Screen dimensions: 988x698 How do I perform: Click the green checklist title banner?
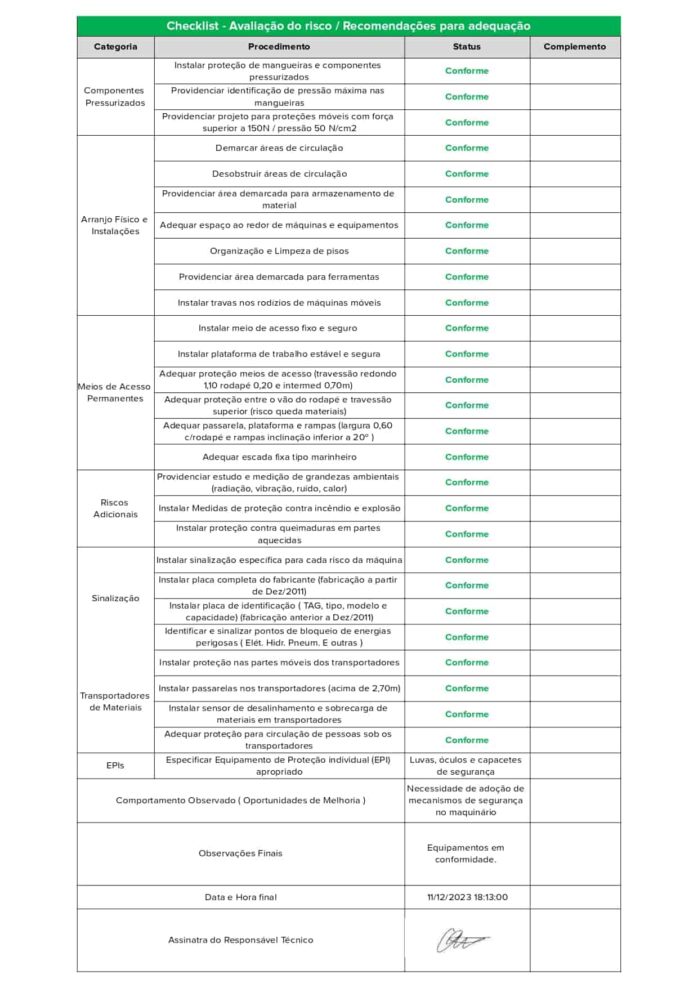pos(348,26)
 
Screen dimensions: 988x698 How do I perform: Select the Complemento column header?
pos(575,47)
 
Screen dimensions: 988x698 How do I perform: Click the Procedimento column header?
pos(279,47)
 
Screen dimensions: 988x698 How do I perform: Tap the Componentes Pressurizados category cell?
pos(115,96)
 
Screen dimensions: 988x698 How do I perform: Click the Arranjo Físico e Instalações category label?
pos(115,225)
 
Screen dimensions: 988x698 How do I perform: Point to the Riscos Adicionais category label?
pos(115,508)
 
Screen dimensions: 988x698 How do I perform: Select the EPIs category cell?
pos(115,766)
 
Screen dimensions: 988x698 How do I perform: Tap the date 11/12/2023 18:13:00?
pos(467,897)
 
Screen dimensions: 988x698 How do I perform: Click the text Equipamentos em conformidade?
pos(466,853)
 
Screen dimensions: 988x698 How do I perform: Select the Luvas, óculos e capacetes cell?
pos(466,766)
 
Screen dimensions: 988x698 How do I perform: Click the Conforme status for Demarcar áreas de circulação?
pos(467,148)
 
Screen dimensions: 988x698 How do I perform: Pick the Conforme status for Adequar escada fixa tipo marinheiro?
pos(467,457)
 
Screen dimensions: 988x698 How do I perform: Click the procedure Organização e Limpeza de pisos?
pos(279,251)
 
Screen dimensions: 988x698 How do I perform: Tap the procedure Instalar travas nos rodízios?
pos(279,303)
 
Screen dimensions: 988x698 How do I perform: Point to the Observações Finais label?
pos(240,853)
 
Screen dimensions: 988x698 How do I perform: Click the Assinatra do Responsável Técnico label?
pos(240,940)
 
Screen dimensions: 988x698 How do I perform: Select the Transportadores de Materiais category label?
pos(115,701)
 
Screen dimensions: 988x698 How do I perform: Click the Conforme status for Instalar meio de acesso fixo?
pos(467,328)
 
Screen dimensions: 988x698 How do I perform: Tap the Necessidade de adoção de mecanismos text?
pos(466,801)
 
